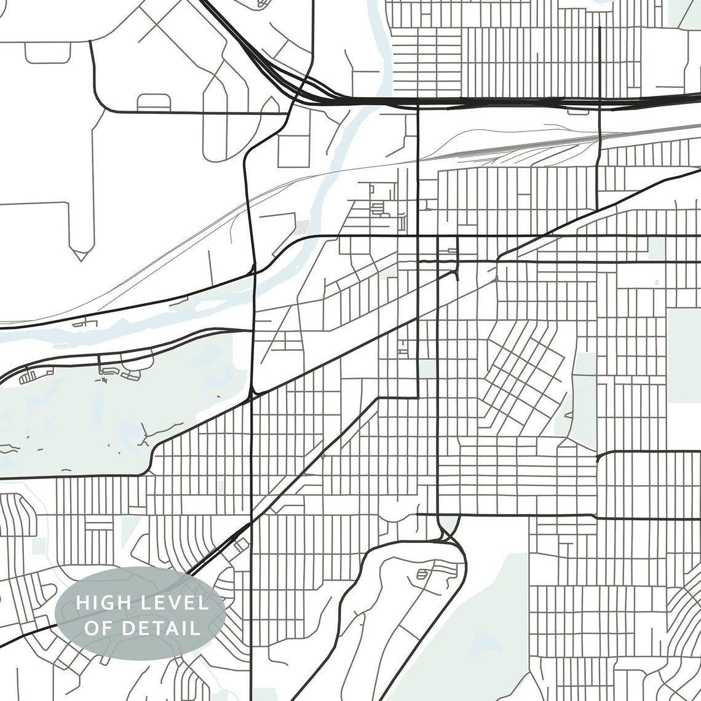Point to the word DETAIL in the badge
(x=161, y=628)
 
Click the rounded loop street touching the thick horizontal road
(x=154, y=102)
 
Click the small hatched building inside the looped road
(x=422, y=575)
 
